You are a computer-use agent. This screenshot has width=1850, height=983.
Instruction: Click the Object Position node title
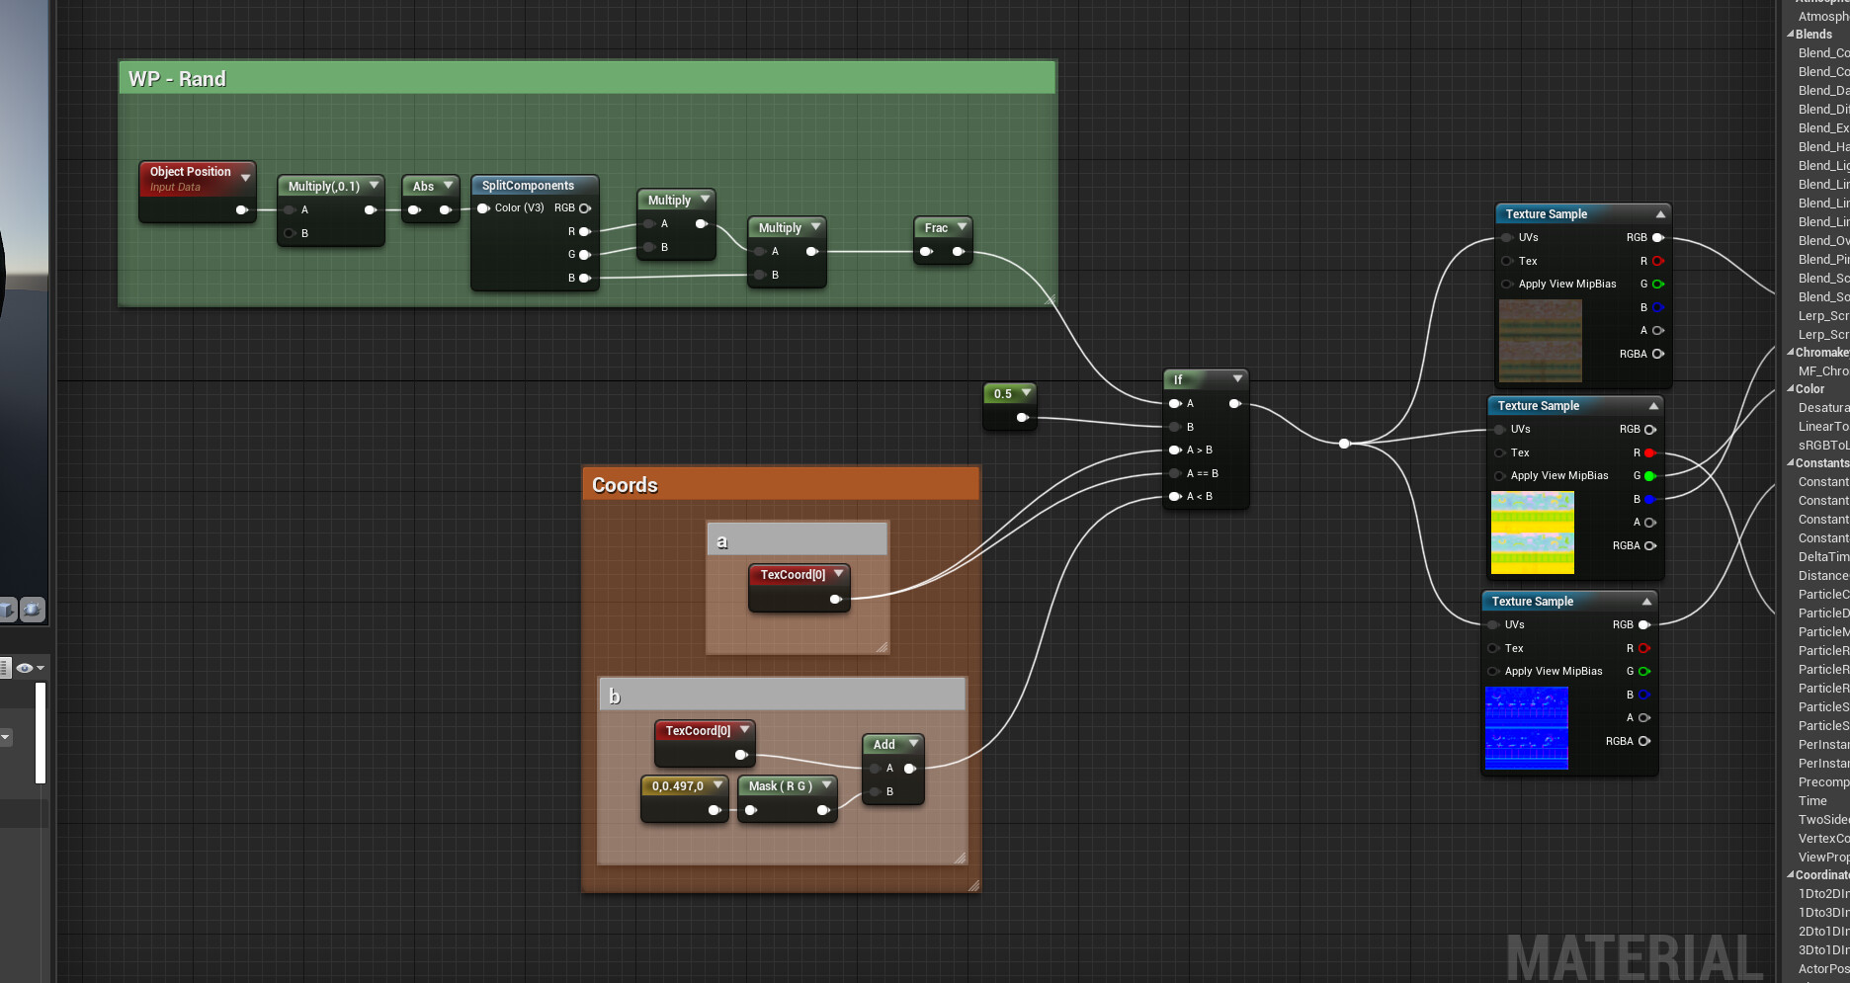pyautogui.click(x=190, y=172)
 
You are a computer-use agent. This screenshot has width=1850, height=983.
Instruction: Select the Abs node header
pyautogui.click(x=423, y=186)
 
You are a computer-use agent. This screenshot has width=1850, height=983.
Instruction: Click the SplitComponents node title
pyautogui.click(x=528, y=186)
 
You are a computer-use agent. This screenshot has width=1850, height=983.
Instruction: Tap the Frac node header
pyautogui.click(x=936, y=228)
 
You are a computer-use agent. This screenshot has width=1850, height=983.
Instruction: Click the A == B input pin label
pyautogui.click(x=1202, y=473)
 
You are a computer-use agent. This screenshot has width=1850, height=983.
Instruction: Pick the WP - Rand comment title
pyautogui.click(x=178, y=79)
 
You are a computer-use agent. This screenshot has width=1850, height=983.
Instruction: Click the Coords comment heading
pyautogui.click(x=625, y=485)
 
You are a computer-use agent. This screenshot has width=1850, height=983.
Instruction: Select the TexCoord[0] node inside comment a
pyautogui.click(x=793, y=575)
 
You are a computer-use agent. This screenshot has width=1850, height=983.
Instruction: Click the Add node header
pyautogui.click(x=884, y=745)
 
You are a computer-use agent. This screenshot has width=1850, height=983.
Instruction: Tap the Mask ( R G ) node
pyautogui.click(x=780, y=786)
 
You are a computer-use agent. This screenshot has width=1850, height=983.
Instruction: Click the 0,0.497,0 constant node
pyautogui.click(x=678, y=786)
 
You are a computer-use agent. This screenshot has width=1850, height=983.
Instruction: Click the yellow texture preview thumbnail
pyautogui.click(x=1532, y=532)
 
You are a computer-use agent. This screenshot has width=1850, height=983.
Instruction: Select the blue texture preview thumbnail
pyautogui.click(x=1526, y=728)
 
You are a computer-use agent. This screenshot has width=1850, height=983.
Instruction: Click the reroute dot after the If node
pyautogui.click(x=1344, y=444)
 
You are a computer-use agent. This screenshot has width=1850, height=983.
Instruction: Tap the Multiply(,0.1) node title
pyautogui.click(x=323, y=187)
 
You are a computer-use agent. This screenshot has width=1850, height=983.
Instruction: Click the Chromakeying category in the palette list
pyautogui.click(x=1820, y=353)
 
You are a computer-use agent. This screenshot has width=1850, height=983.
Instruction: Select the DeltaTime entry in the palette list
pyautogui.click(x=1822, y=557)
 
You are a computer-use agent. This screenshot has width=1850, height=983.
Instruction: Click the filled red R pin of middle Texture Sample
pyautogui.click(x=1649, y=453)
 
